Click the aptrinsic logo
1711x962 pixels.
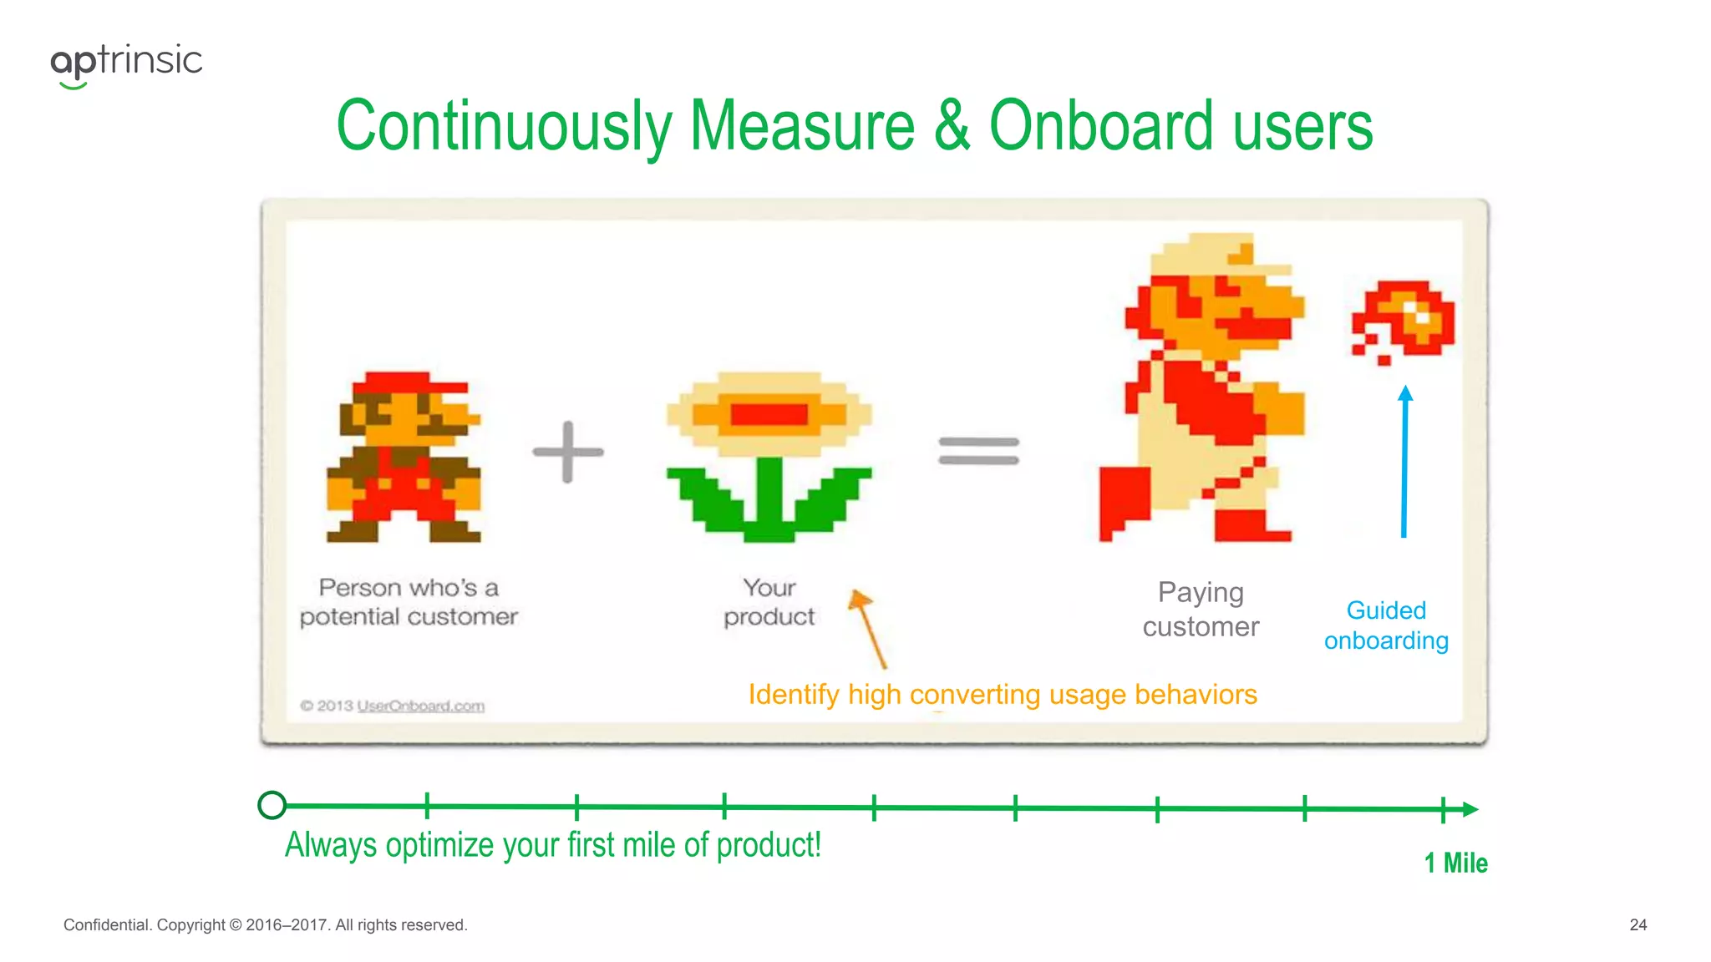click(126, 63)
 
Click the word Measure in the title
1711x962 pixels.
click(802, 127)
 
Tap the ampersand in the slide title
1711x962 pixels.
click(952, 127)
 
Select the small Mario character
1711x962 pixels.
click(404, 458)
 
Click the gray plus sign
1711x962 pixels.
click(568, 452)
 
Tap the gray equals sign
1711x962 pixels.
click(978, 451)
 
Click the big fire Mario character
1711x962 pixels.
click(1203, 388)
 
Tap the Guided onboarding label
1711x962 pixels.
click(1386, 625)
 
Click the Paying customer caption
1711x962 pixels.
click(1201, 610)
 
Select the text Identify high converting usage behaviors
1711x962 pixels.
click(1002, 695)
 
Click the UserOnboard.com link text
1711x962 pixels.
click(420, 706)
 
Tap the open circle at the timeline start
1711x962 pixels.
click(272, 805)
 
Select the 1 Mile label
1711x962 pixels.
click(1455, 863)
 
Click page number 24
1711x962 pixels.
click(1637, 924)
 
